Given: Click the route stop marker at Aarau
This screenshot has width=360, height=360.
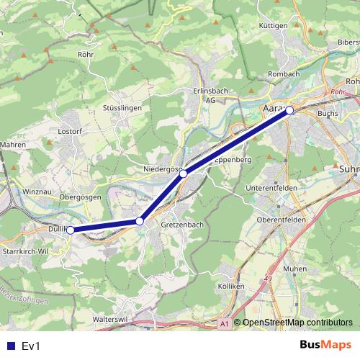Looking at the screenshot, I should coord(289,110).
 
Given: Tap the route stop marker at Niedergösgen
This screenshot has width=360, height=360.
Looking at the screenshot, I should coord(184,174).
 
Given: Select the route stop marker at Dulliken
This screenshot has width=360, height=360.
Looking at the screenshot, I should coord(71,230).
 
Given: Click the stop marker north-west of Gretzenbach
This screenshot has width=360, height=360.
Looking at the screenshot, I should coord(140,221).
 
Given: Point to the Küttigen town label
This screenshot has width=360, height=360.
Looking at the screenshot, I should coord(273,25).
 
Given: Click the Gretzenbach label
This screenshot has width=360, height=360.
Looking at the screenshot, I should coord(182,225).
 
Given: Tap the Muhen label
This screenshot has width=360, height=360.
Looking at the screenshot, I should coord(294,269).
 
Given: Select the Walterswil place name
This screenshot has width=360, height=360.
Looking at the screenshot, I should coord(110,317).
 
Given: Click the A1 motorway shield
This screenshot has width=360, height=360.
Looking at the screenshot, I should coord(225,324).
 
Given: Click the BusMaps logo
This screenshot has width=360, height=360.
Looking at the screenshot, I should coord(325,346).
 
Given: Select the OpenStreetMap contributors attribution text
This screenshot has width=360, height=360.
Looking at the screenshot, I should coord(297,323).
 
